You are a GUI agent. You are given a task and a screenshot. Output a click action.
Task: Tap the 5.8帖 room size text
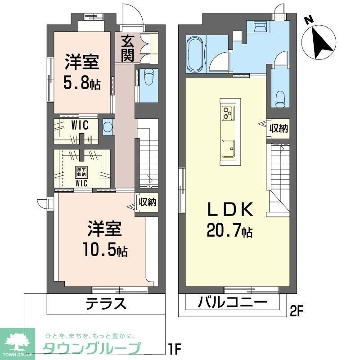[82, 84]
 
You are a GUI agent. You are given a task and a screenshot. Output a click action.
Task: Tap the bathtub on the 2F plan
[194, 54]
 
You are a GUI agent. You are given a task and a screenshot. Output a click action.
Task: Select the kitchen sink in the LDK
[228, 147]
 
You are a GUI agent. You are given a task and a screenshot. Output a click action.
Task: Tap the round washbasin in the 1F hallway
[107, 126]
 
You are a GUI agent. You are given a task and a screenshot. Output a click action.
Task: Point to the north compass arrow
[320, 41]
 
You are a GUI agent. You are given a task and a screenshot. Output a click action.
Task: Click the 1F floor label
[174, 348]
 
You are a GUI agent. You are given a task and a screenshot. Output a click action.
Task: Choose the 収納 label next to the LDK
[279, 128]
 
